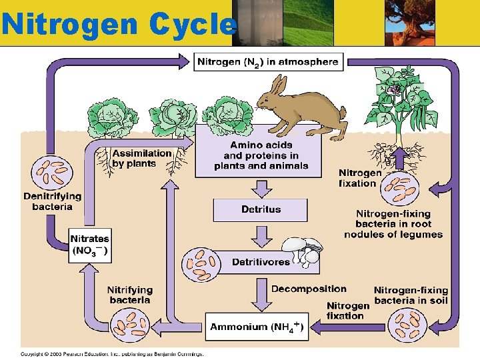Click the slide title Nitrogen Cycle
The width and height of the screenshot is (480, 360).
pyautogui.click(x=119, y=24)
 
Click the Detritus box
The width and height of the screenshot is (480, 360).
pyautogui.click(x=261, y=209)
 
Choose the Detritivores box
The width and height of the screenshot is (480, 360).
pyautogui.click(x=261, y=262)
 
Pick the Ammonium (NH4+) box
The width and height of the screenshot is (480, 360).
pyautogui.click(x=257, y=327)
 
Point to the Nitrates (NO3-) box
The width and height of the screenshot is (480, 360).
pyautogui.click(x=90, y=245)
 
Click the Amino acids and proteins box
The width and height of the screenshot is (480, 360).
pyautogui.click(x=261, y=155)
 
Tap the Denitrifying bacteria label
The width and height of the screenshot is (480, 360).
pyautogui.click(x=52, y=201)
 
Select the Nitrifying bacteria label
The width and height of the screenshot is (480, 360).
pyautogui.click(x=130, y=295)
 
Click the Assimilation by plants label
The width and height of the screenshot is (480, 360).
pyautogui.click(x=142, y=158)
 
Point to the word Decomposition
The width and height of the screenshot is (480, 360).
pyautogui.click(x=309, y=289)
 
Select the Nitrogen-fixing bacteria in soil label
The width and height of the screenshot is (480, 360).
pyautogui.click(x=411, y=295)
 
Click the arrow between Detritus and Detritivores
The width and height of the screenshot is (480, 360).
pyautogui.click(x=261, y=235)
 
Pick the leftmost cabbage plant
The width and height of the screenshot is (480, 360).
pyautogui.click(x=111, y=120)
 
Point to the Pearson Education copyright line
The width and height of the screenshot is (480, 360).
pyautogui.click(x=111, y=353)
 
